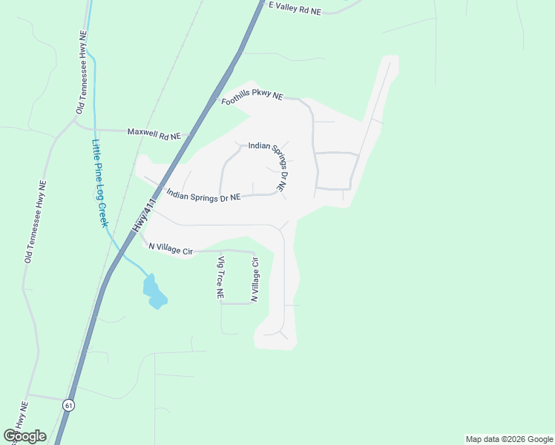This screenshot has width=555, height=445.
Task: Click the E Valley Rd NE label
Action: (x=295, y=8)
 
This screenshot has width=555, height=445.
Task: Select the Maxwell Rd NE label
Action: (x=154, y=133)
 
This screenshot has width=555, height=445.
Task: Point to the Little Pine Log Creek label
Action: (x=100, y=183)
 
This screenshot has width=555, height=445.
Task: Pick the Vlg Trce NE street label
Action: (x=220, y=277)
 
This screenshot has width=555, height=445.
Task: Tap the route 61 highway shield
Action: (x=69, y=405)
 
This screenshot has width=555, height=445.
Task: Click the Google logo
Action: (x=24, y=436)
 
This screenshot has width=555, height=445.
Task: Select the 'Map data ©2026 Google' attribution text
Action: (x=509, y=439)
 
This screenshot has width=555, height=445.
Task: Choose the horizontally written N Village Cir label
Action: (x=171, y=250)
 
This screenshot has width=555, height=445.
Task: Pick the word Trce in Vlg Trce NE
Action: (x=220, y=280)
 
